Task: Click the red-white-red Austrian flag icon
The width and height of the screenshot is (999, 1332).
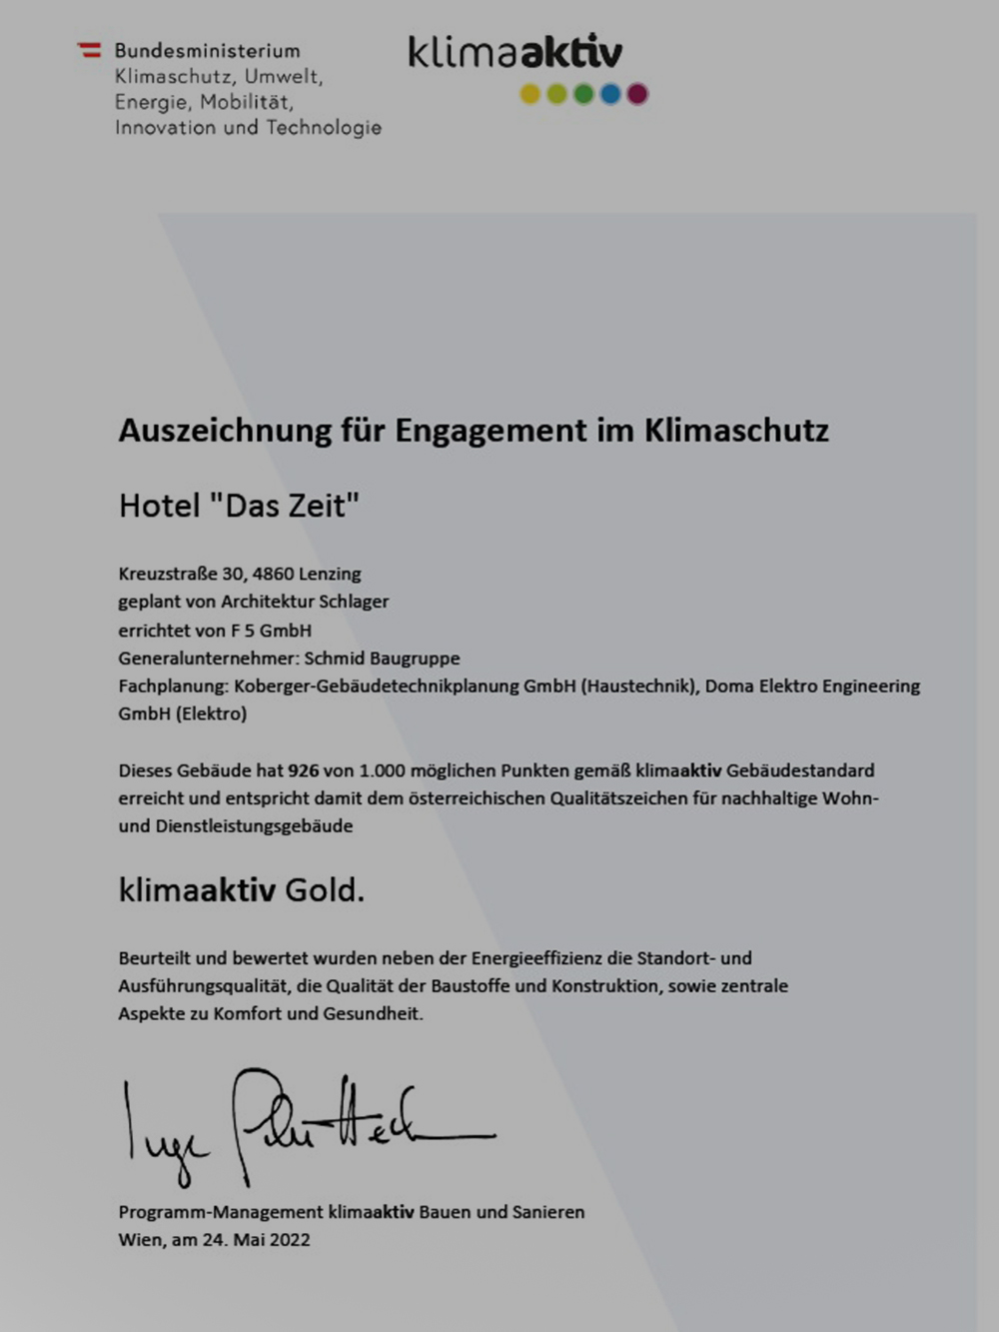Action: [90, 49]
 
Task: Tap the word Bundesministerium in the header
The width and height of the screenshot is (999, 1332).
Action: [207, 51]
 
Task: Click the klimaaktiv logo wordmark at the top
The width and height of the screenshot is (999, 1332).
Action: [514, 51]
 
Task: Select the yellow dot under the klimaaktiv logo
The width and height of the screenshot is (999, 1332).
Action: [530, 94]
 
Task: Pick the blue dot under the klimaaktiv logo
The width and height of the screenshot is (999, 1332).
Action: [610, 94]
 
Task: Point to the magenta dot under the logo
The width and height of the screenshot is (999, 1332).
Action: [637, 94]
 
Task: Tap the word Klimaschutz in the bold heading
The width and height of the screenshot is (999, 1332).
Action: [736, 431]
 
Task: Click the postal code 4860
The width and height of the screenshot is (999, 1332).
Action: [273, 574]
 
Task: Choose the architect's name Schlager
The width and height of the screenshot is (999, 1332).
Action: [354, 602]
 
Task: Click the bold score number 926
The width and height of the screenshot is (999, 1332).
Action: [303, 770]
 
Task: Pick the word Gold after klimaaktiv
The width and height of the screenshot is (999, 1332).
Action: [325, 889]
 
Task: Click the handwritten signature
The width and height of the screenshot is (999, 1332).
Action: [300, 1124]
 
